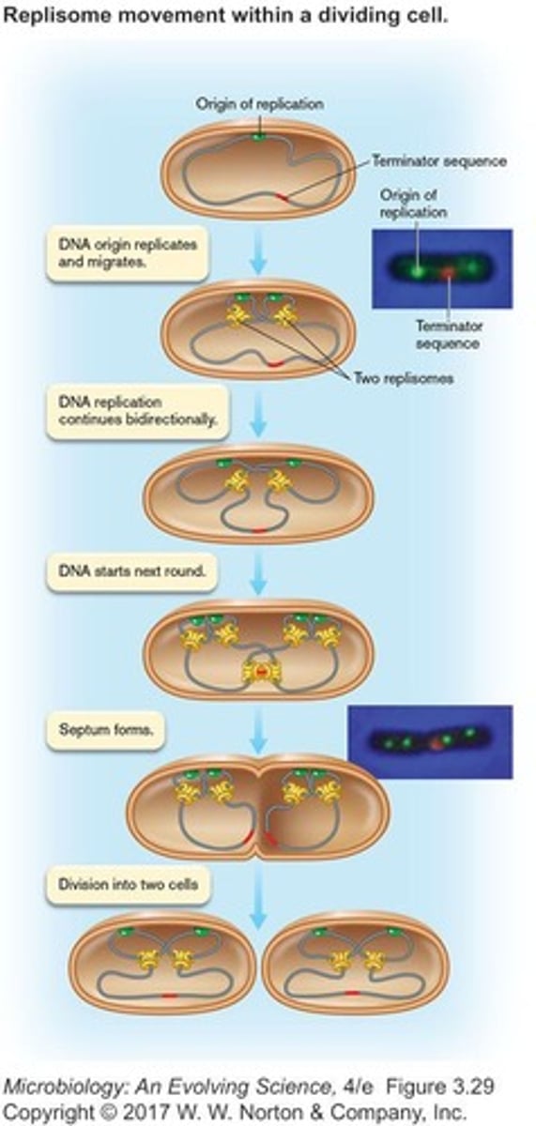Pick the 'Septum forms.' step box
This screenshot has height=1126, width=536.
104,729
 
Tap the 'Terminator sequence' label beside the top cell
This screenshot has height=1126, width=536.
438,160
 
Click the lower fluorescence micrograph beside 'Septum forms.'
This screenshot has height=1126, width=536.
430,742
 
